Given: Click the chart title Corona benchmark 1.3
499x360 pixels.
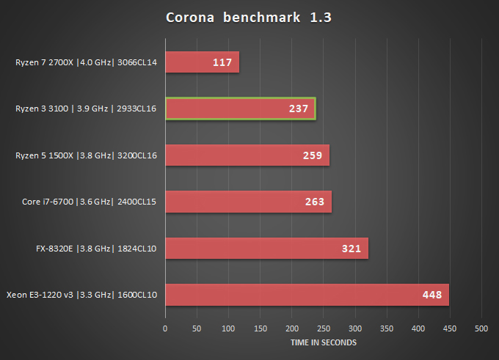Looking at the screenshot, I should coord(249,18).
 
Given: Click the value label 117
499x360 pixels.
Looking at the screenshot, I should coord(223,62).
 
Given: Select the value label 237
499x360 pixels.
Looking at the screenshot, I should coord(299,109).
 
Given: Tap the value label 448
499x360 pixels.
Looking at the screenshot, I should coord(431,295).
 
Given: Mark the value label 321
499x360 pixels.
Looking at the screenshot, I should coord(352,249).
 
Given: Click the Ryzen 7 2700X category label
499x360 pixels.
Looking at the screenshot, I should coord(87,62).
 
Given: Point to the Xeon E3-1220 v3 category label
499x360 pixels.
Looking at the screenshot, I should coord(82,295).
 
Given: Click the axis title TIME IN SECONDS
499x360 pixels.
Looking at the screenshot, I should coord(323,342).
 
